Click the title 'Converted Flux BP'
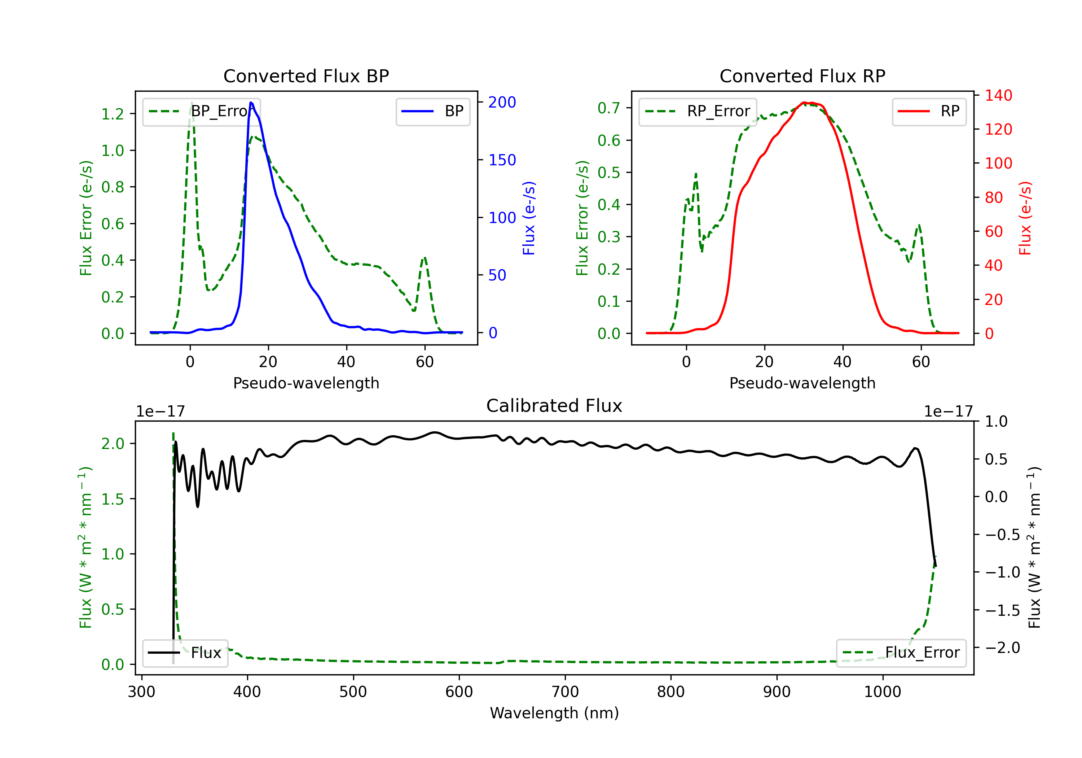point(306,76)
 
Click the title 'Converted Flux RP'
point(802,76)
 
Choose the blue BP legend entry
point(432,111)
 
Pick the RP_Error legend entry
point(698,111)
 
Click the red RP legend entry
point(929,111)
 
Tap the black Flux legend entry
point(185,653)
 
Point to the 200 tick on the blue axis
point(502,103)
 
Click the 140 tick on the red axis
point(998,96)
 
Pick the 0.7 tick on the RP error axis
point(609,108)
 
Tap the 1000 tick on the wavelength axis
point(882,692)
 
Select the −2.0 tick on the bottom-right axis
point(1002,648)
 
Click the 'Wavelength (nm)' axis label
point(554,713)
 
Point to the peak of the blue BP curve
point(251,103)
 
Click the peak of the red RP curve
point(804,103)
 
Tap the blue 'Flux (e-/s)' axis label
point(529,218)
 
